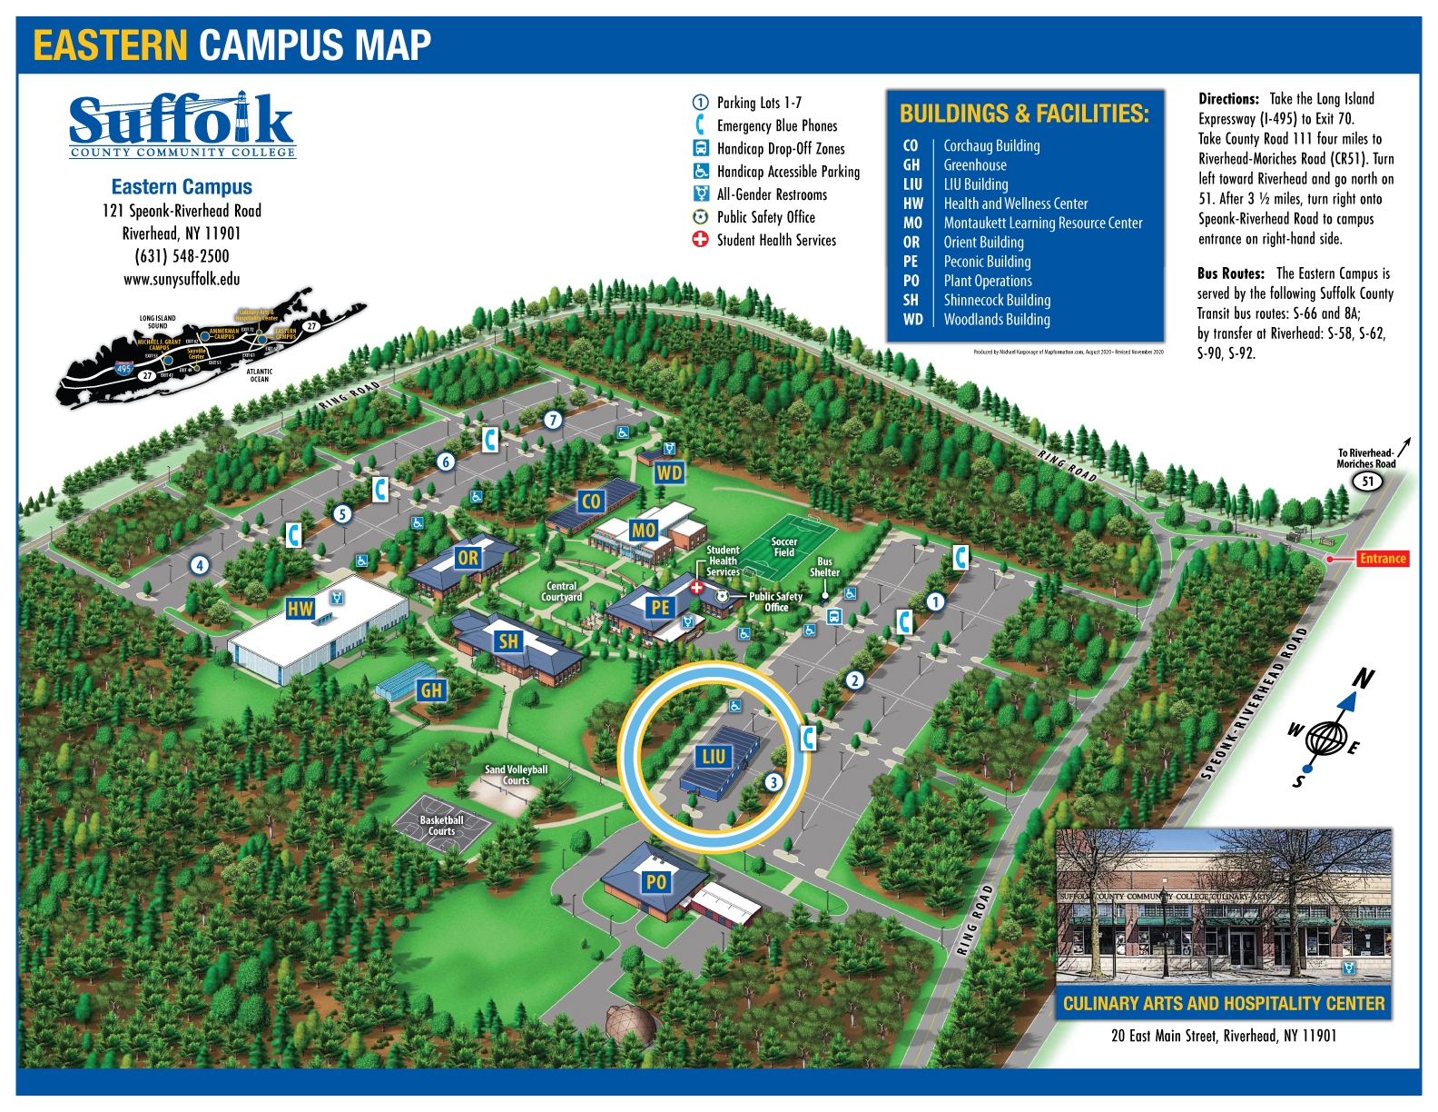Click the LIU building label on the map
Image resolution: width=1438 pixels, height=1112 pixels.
714,756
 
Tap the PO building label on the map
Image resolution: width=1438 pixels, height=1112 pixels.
655,881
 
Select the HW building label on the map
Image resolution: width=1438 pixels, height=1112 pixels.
300,609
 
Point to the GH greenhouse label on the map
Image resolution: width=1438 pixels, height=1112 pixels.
431,690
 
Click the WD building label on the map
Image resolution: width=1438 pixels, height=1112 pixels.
669,472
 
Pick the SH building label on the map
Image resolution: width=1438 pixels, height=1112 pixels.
508,641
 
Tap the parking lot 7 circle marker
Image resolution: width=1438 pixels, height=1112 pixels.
553,420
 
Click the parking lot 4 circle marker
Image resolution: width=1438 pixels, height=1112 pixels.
200,565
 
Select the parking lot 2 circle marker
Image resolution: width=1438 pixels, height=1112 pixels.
854,680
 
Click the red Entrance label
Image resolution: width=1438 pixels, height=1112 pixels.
1382,559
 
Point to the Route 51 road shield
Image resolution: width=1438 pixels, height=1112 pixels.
1368,482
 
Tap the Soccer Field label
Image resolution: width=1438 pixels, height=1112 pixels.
783,547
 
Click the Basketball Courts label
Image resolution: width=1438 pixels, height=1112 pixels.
441,826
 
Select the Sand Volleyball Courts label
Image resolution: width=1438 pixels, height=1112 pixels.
516,775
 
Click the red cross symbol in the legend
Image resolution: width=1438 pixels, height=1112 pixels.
700,240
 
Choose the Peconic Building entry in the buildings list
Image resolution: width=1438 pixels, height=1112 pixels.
987,262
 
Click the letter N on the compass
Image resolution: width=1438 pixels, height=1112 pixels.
1363,679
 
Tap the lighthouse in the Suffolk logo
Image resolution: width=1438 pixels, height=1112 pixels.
241,114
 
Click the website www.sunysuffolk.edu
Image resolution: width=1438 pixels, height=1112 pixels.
182,280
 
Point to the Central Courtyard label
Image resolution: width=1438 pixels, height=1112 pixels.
561,591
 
